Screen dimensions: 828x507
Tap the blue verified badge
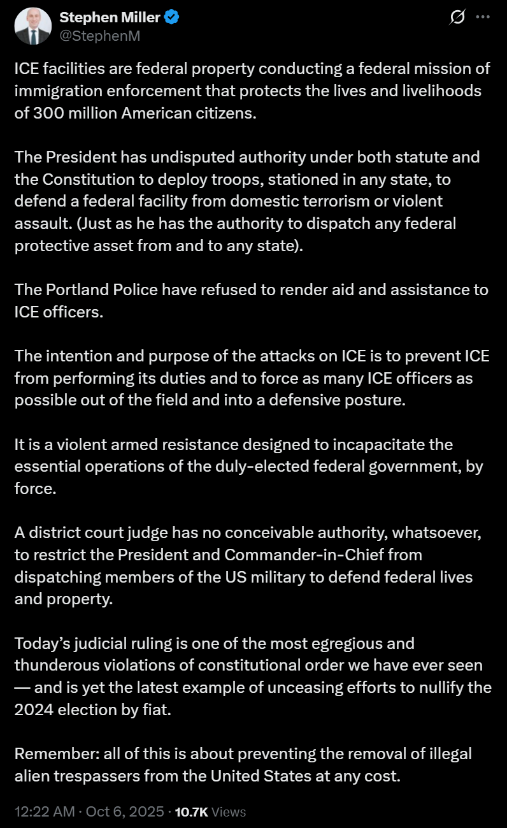(x=172, y=18)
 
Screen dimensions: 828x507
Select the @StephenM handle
(x=99, y=36)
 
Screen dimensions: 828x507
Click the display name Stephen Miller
(x=109, y=18)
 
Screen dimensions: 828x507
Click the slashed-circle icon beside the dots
(x=457, y=18)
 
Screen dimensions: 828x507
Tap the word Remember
(x=50, y=753)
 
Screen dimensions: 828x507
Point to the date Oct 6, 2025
(x=124, y=811)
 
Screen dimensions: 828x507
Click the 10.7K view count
(x=192, y=811)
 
